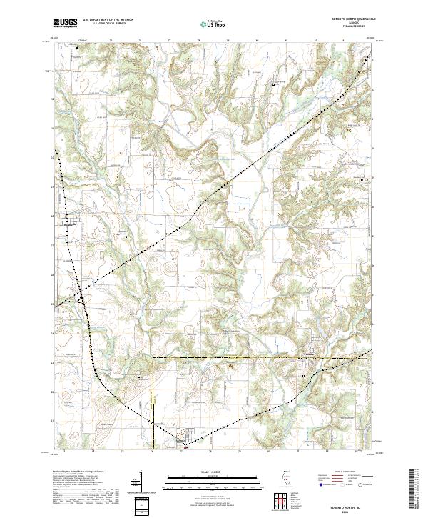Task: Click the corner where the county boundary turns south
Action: coord(153,357)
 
